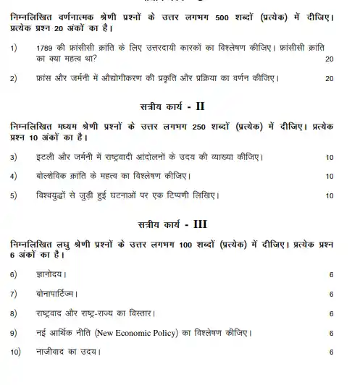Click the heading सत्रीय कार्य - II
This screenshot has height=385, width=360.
coord(179,107)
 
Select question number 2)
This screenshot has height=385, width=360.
coord(14,78)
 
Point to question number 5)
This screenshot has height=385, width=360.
coord(14,195)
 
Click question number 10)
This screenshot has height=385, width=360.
coord(15,352)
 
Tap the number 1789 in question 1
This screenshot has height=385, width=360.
coord(46,48)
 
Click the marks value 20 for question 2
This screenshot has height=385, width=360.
coord(330,78)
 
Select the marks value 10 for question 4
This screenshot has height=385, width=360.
coord(330,176)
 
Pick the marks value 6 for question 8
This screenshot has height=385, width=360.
coord(331,313)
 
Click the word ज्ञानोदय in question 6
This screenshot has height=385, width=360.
coord(49,275)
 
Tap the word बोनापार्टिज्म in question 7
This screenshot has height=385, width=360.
coord(54,294)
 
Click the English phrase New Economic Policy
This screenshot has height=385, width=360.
coord(194,333)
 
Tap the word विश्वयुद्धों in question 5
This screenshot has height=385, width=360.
coord(56,195)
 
